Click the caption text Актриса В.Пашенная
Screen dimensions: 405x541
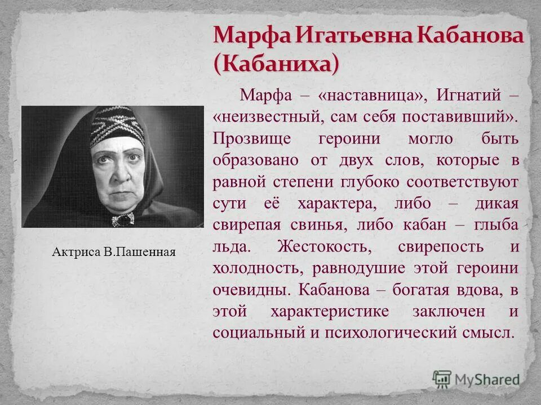tap(114, 253)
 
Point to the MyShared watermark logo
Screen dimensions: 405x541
tap(476, 379)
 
